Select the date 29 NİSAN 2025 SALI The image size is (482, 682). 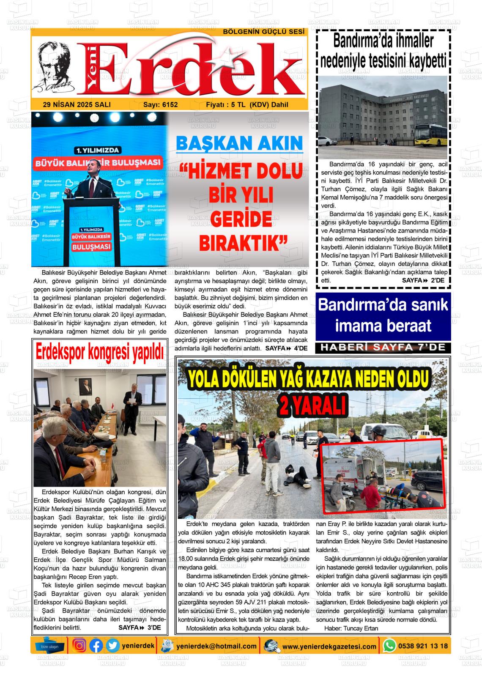click(x=77, y=104)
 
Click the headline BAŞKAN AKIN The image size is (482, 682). click(x=239, y=143)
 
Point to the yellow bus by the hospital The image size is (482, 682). click(x=431, y=135)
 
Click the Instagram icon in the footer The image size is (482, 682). click(x=79, y=646)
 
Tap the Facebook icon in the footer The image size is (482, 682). click(x=96, y=646)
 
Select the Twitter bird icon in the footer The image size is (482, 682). click(x=112, y=646)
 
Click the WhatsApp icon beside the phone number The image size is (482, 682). click(x=389, y=646)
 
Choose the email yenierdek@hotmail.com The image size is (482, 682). click(x=216, y=646)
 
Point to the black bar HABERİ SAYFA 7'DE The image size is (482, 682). click(x=383, y=348)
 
